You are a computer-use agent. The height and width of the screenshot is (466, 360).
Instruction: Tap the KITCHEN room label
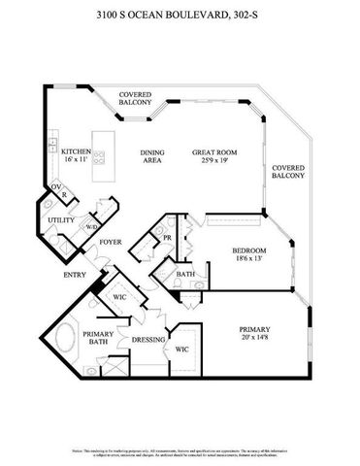click(77, 152)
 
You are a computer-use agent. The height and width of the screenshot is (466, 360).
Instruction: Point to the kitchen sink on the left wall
click(49, 148)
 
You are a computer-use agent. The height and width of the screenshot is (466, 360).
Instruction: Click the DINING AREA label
click(151, 156)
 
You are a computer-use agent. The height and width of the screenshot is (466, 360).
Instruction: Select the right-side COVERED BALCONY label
click(288, 171)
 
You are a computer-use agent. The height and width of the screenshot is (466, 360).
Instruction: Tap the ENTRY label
click(74, 275)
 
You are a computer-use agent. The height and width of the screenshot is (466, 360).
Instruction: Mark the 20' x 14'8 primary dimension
click(254, 339)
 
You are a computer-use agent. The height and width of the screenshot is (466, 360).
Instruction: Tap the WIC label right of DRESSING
click(182, 349)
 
